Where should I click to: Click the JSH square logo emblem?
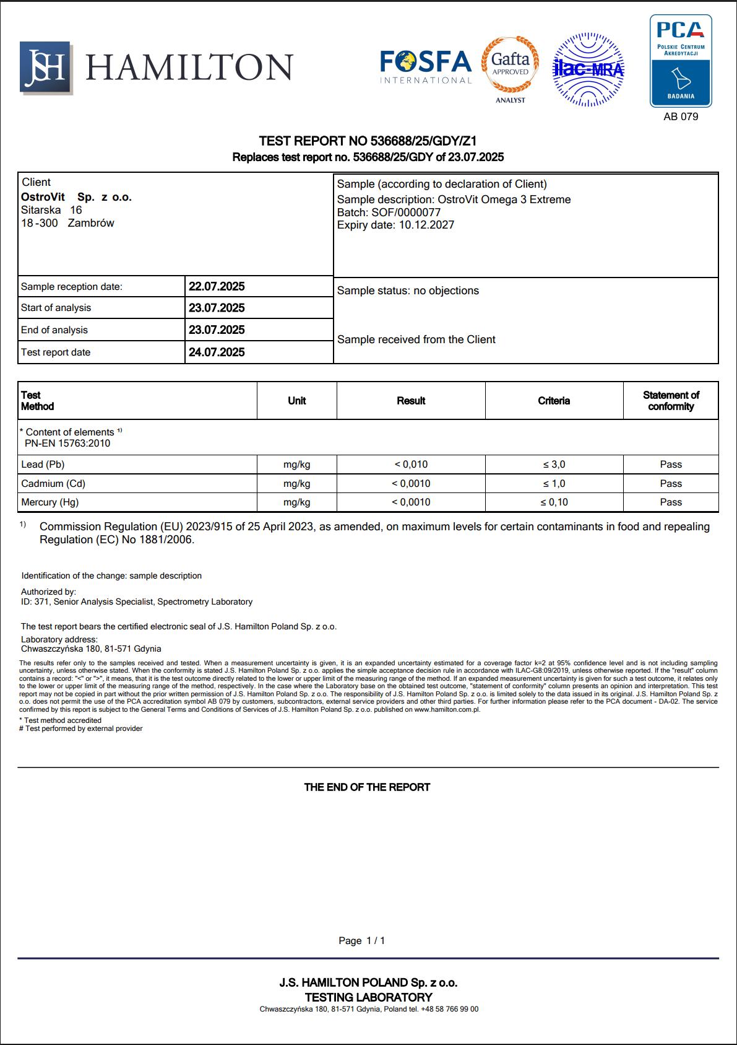[x=46, y=68]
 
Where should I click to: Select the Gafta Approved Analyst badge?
[x=510, y=68]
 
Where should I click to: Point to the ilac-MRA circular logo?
[x=588, y=69]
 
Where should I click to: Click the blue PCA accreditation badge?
[x=680, y=61]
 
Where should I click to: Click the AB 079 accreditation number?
[x=680, y=116]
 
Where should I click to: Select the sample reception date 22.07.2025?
[x=217, y=286]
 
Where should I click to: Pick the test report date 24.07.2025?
[x=217, y=352]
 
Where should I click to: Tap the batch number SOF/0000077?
[x=405, y=212]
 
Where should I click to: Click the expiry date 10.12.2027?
[x=426, y=225]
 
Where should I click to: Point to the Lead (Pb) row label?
[x=43, y=464]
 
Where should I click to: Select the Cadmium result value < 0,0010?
[x=411, y=483]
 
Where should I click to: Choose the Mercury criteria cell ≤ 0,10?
[x=554, y=502]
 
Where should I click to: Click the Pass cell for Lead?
[x=670, y=464]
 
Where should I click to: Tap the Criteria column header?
[x=554, y=401]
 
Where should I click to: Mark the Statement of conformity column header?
[x=670, y=401]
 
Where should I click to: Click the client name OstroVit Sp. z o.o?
[x=76, y=197]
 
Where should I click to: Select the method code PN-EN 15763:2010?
[x=67, y=443]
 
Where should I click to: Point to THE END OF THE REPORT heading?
[x=367, y=787]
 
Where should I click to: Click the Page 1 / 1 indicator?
[x=362, y=940]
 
